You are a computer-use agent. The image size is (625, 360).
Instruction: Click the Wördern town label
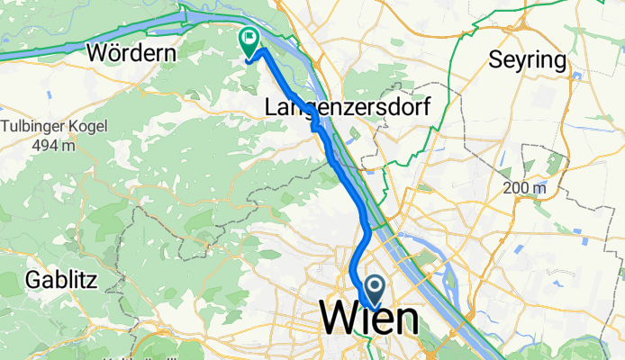[131, 53]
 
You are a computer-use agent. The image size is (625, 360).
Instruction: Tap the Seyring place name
[528, 60]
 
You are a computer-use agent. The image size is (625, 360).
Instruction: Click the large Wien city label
[368, 319]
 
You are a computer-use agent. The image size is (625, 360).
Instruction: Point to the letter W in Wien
[338, 319]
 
